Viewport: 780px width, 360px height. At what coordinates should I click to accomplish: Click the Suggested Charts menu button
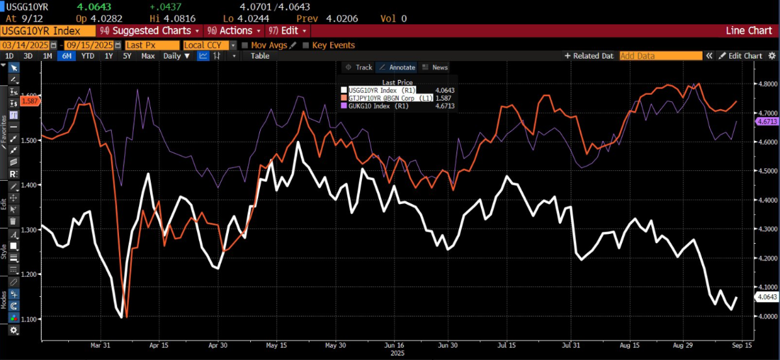(149, 31)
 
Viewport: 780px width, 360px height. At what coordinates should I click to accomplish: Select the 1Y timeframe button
(109, 56)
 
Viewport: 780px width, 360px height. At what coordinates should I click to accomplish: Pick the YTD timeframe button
(88, 56)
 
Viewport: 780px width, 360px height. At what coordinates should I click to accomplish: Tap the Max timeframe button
(148, 56)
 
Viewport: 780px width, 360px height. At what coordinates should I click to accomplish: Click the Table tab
(260, 56)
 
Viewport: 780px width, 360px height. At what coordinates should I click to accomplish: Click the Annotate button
(397, 67)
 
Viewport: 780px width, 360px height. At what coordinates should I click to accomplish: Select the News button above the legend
(435, 67)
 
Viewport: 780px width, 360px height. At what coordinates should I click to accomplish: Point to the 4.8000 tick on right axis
(766, 84)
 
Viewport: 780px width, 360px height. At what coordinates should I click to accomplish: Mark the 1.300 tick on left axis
(31, 229)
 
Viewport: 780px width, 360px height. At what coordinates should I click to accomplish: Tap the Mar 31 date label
(99, 345)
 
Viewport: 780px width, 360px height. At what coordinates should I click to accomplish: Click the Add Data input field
(660, 56)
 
